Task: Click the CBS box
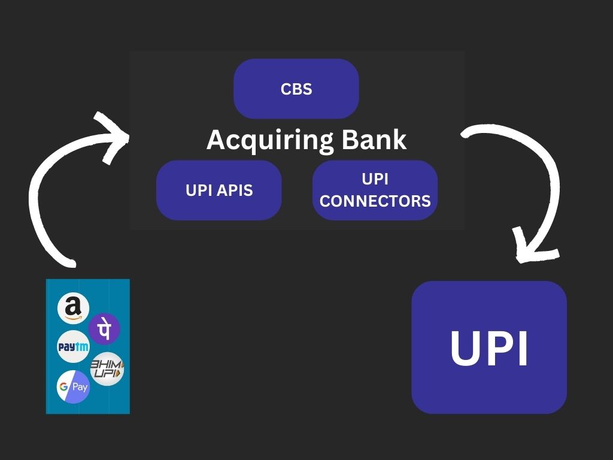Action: pos(296,89)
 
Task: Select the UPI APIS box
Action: pos(219,190)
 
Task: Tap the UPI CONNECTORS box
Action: pos(375,190)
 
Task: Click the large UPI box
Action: pos(488,347)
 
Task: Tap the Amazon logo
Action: pos(73,308)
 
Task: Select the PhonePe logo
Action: pos(104,329)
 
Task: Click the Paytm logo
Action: pos(73,346)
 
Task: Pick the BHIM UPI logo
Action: pos(107,368)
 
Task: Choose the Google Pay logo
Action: pos(73,386)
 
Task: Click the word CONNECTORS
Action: pos(375,201)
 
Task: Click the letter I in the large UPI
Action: pos(522,348)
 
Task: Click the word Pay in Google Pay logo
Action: pos(80,387)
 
